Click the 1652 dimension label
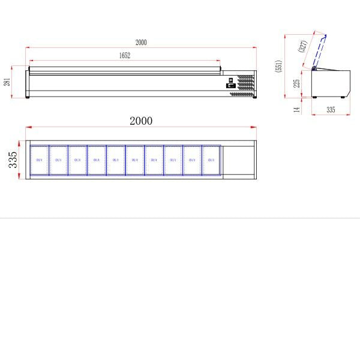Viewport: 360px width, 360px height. pyautogui.click(x=124, y=55)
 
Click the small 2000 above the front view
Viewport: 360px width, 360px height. pyautogui.click(x=141, y=43)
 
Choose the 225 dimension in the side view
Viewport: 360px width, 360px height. pyautogui.click(x=296, y=83)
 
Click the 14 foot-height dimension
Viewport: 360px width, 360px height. pyautogui.click(x=296, y=109)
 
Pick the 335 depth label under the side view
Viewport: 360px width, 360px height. pyautogui.click(x=331, y=110)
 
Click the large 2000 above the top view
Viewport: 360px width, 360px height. pyautogui.click(x=141, y=121)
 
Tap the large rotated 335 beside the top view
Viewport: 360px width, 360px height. pyautogui.click(x=13, y=160)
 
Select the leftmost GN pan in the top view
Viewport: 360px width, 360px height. pyautogui.click(x=39, y=160)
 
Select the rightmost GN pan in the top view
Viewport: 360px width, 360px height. pyautogui.click(x=211, y=160)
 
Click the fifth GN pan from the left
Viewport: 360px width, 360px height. pyautogui.click(x=116, y=160)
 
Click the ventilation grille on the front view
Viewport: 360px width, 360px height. pyautogui.click(x=244, y=85)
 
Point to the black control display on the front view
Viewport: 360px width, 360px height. pyautogui.click(x=230, y=86)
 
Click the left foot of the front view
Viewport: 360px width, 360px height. pyautogui.click(x=28, y=97)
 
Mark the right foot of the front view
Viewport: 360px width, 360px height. pyautogui.click(x=254, y=97)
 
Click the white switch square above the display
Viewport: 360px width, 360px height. pyautogui.click(x=230, y=79)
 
